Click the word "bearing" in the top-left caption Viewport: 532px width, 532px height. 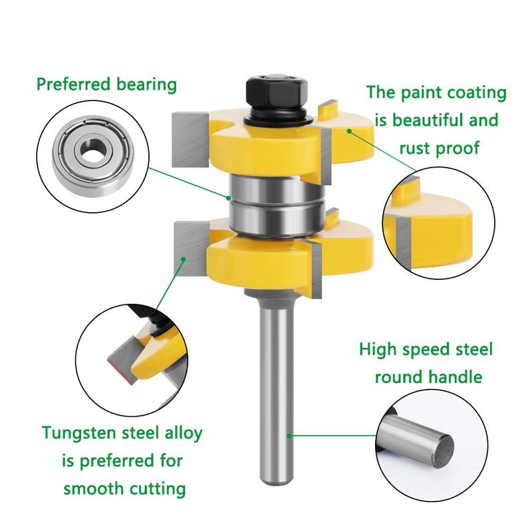pyautogui.click(x=145, y=84)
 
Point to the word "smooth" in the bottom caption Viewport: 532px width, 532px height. pyautogui.click(x=95, y=488)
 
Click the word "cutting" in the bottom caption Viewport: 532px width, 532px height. pyautogui.click(x=158, y=489)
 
